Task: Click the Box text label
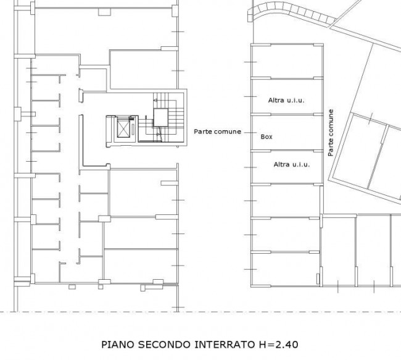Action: tap(267, 136)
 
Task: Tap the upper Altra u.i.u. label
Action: tap(286, 100)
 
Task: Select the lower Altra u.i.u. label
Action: tap(292, 164)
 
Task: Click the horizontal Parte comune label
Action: tap(217, 132)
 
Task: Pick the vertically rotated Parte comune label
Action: tap(331, 133)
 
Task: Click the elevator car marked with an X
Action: tap(123, 127)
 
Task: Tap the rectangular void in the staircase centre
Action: tap(160, 117)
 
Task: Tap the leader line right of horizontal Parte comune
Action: tap(250, 133)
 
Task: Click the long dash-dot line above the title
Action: tap(200, 312)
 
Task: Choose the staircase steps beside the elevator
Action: tap(161, 117)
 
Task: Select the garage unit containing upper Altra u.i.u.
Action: tap(287, 96)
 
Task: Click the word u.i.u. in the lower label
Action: tap(301, 164)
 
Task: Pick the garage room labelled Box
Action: tap(287, 133)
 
